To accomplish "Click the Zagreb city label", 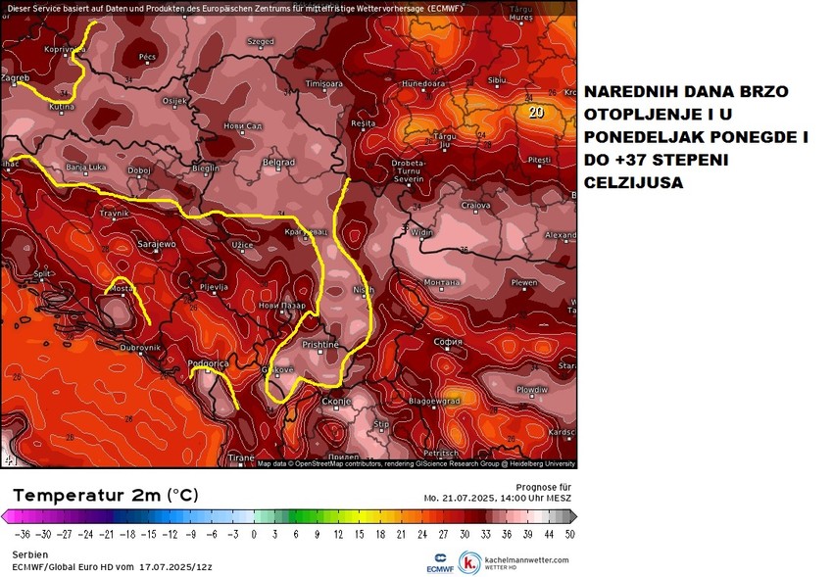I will click(17, 76).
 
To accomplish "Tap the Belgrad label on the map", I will click(279, 163).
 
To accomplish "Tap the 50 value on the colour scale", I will click(569, 535).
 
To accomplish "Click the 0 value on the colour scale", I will click(253, 535).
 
